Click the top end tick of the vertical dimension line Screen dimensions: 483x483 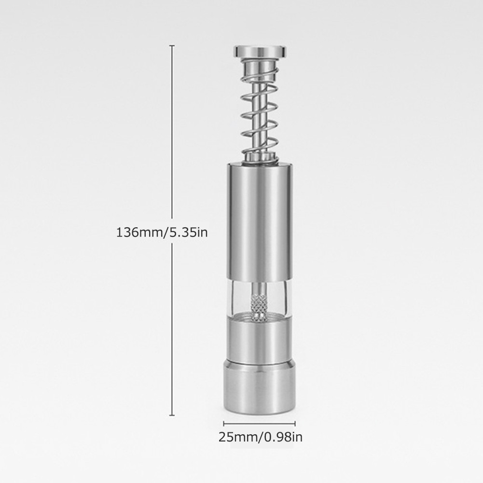[172, 45]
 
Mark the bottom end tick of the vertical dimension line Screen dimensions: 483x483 [172, 415]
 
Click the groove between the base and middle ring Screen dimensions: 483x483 [259, 361]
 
